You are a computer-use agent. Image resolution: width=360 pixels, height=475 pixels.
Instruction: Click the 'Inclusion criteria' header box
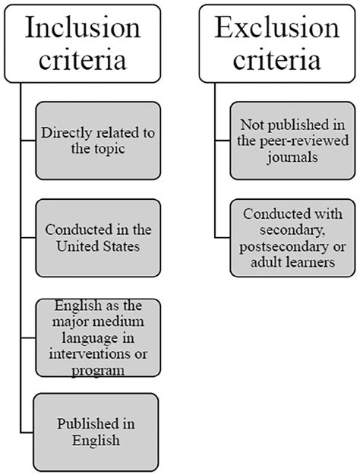(82, 43)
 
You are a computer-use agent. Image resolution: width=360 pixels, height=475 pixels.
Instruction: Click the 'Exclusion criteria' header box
(277, 43)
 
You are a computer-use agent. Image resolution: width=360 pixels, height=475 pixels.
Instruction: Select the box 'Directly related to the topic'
(98, 141)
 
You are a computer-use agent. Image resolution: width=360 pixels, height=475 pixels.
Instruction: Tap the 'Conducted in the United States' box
(98, 238)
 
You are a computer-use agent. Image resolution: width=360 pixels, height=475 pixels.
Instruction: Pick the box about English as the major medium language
(98, 337)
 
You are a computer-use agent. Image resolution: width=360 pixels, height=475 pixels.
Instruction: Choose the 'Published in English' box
(96, 432)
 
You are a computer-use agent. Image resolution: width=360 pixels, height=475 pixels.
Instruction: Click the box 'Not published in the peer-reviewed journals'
(292, 141)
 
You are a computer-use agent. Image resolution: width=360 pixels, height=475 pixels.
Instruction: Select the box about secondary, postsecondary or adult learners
(292, 238)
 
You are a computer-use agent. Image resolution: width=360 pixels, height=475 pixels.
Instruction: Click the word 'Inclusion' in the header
(83, 27)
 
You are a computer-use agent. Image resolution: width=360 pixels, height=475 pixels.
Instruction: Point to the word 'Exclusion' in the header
(277, 27)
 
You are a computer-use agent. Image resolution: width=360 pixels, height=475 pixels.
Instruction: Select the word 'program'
(98, 371)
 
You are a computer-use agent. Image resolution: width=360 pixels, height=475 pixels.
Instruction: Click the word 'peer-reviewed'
(304, 141)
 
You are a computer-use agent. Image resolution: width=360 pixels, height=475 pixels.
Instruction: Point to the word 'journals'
(292, 157)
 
